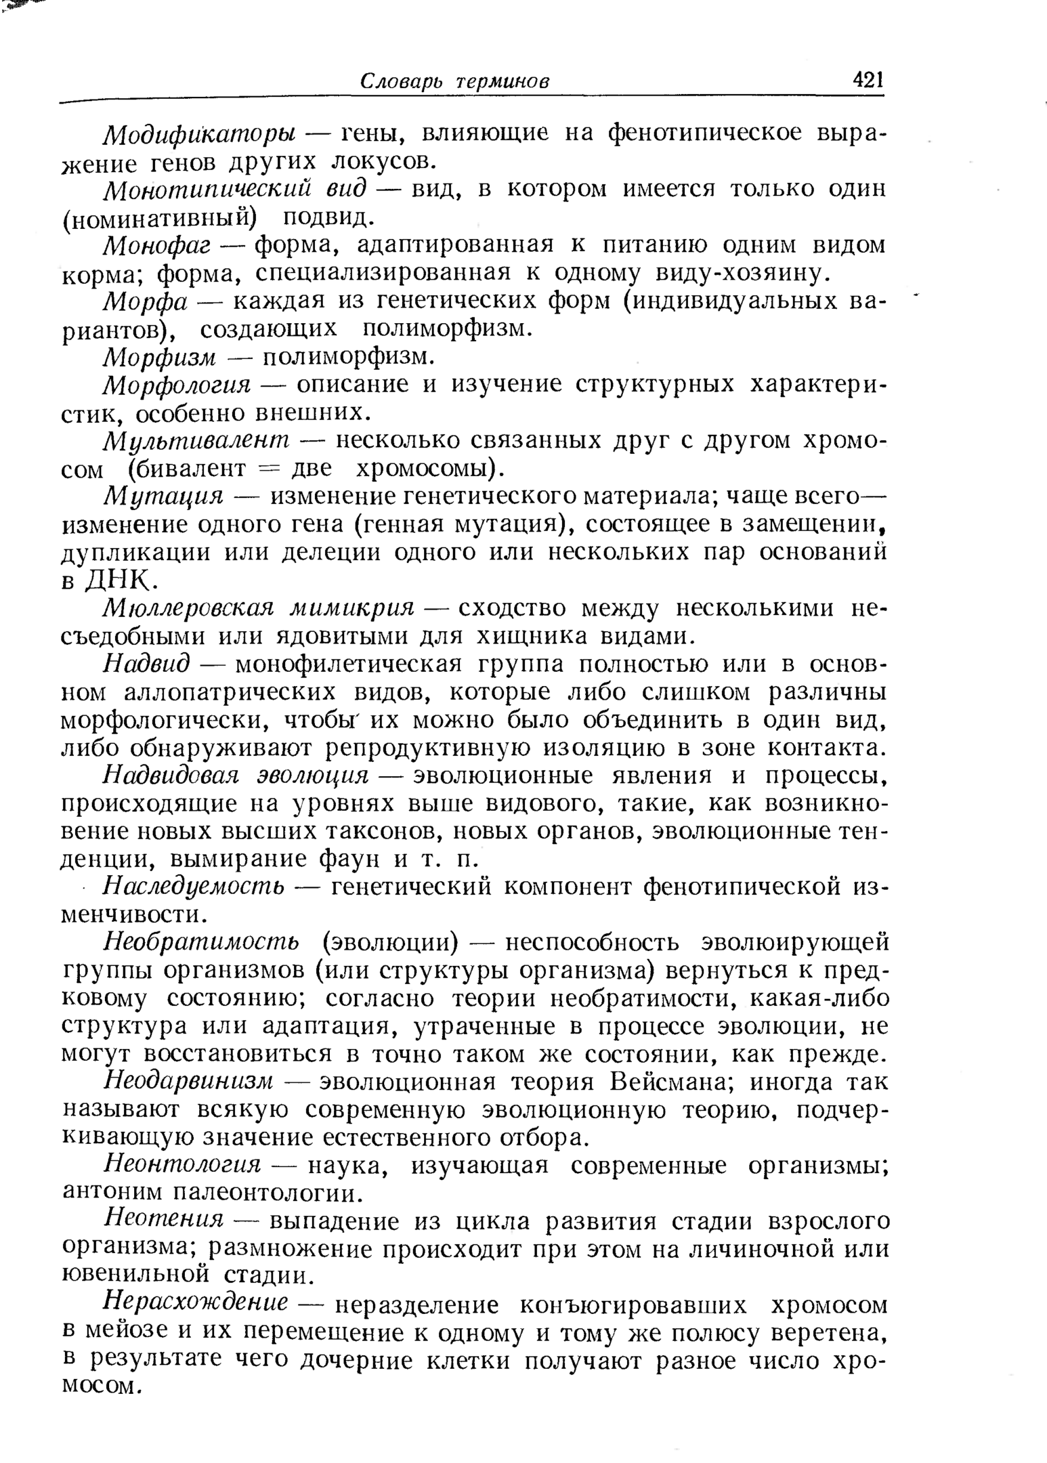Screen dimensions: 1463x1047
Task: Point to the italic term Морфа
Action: click(x=144, y=301)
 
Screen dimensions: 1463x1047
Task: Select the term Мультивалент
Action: click(x=196, y=442)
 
